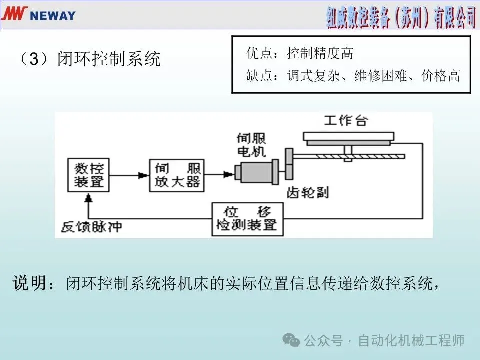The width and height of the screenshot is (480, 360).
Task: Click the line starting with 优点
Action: pyautogui.click(x=300, y=53)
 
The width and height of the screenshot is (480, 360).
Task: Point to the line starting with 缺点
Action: pyautogui.click(x=353, y=76)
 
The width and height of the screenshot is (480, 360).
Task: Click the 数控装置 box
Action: pyautogui.click(x=89, y=175)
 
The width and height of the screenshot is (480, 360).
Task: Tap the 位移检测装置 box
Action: pyautogui.click(x=247, y=219)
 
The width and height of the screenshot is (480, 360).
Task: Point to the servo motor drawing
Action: pyautogui.click(x=259, y=172)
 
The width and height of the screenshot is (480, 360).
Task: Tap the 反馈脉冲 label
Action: pyautogui.click(x=91, y=227)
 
